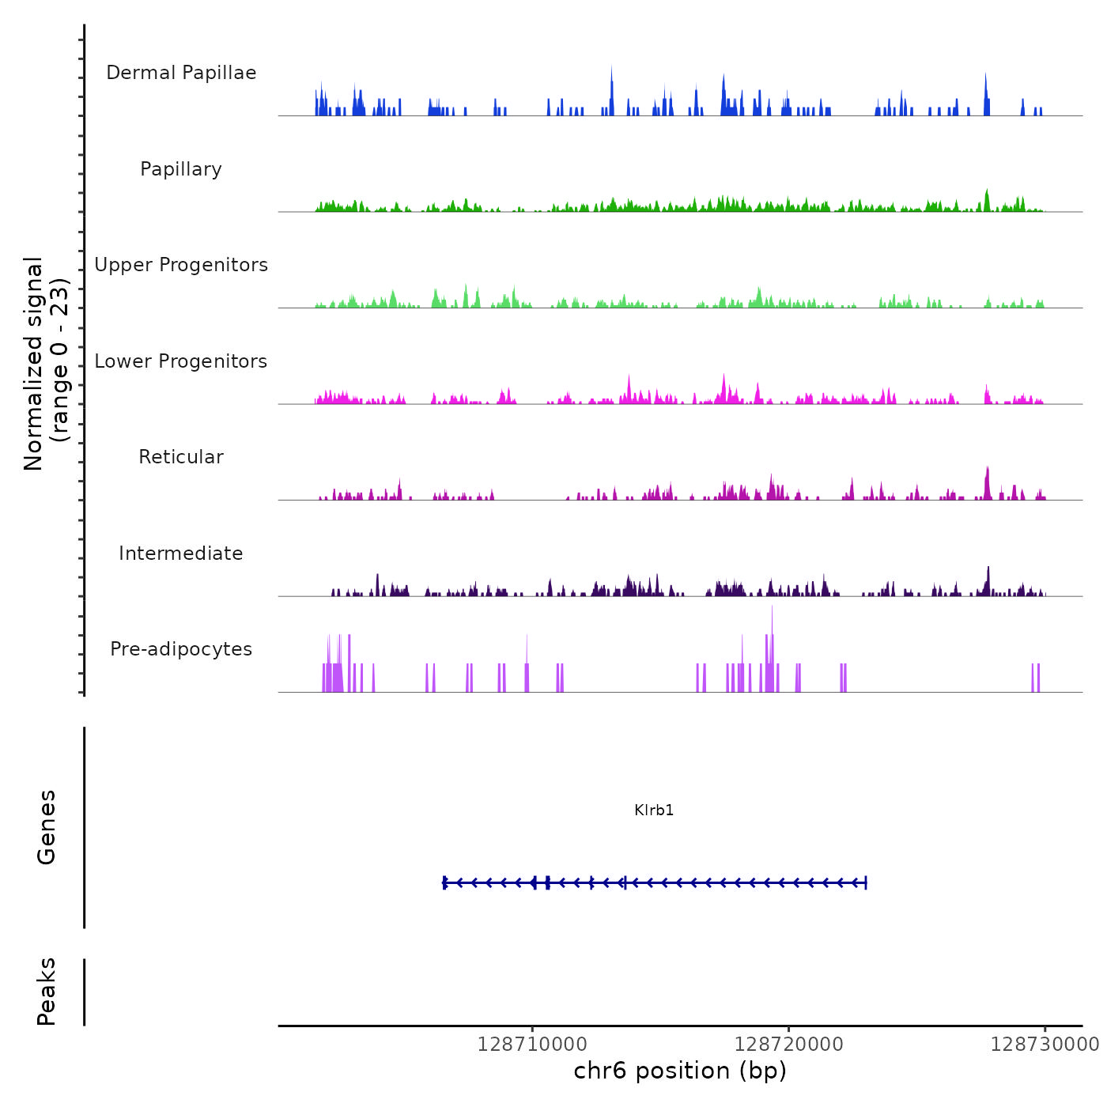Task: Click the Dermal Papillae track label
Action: (x=181, y=73)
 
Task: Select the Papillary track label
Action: (x=181, y=169)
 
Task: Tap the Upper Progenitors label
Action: (x=181, y=265)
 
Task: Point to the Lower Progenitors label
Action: (x=181, y=361)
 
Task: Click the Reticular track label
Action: (x=181, y=457)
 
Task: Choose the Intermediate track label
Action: (x=181, y=553)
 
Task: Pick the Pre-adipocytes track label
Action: (x=181, y=649)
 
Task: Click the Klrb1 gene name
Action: (x=654, y=810)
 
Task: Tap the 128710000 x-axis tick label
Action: (x=532, y=1045)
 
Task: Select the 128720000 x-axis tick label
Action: (x=788, y=1045)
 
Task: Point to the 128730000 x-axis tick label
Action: (x=1045, y=1045)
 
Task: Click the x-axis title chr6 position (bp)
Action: (x=680, y=1071)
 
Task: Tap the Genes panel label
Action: (x=47, y=827)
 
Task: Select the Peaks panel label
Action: (x=47, y=992)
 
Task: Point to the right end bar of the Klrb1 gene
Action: (x=866, y=882)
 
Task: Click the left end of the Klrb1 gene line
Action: (x=444, y=882)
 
